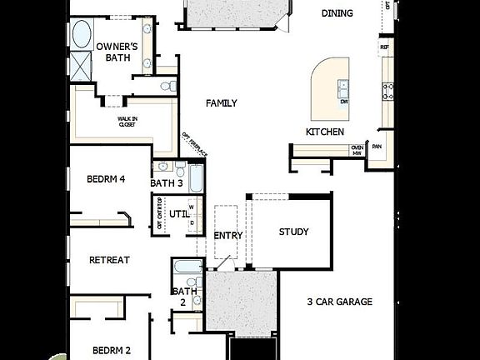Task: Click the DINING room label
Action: [x=336, y=12]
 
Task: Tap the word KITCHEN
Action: [x=324, y=132]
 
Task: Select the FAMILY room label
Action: [x=222, y=103]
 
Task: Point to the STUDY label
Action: [x=293, y=232]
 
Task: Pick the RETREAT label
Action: [x=109, y=260]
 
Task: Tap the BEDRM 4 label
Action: [x=106, y=179]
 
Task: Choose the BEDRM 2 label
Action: [x=112, y=351]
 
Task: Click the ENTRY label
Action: [x=228, y=236]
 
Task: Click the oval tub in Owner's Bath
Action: [x=82, y=36]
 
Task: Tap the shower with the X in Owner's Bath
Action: [x=82, y=66]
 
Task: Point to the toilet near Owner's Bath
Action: [x=167, y=85]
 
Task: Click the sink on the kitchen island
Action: [x=342, y=85]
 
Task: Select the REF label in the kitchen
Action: [x=384, y=47]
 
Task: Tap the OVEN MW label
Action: [x=357, y=150]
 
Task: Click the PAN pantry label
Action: [x=377, y=147]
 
